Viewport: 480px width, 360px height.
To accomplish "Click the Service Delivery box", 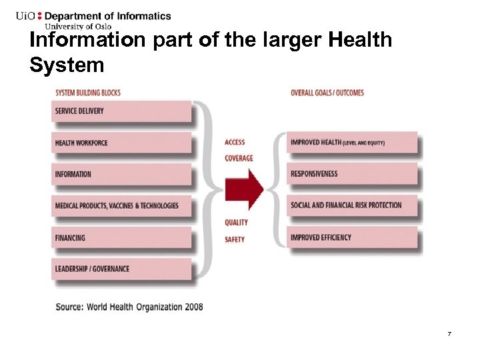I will tap(121, 111).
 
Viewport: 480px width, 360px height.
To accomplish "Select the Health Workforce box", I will tap(121, 143).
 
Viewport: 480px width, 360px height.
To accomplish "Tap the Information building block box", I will tap(121, 174).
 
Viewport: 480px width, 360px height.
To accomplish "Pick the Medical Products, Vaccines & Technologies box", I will tap(121, 206).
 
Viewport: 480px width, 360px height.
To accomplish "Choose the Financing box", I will tap(121, 238).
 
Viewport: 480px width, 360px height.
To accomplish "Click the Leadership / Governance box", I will tap(121, 269).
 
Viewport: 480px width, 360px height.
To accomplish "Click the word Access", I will tap(235, 142).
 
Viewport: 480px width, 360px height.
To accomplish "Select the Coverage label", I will tap(239, 158).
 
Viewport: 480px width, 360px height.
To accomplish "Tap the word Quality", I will tap(236, 223).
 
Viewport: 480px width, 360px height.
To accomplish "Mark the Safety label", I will tap(235, 239).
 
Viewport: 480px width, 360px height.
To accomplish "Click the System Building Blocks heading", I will tap(87, 93).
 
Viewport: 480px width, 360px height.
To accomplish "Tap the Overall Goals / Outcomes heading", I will tap(327, 93).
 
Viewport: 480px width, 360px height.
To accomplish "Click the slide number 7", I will tap(449, 333).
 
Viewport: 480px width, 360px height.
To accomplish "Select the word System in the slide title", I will tap(67, 65).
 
